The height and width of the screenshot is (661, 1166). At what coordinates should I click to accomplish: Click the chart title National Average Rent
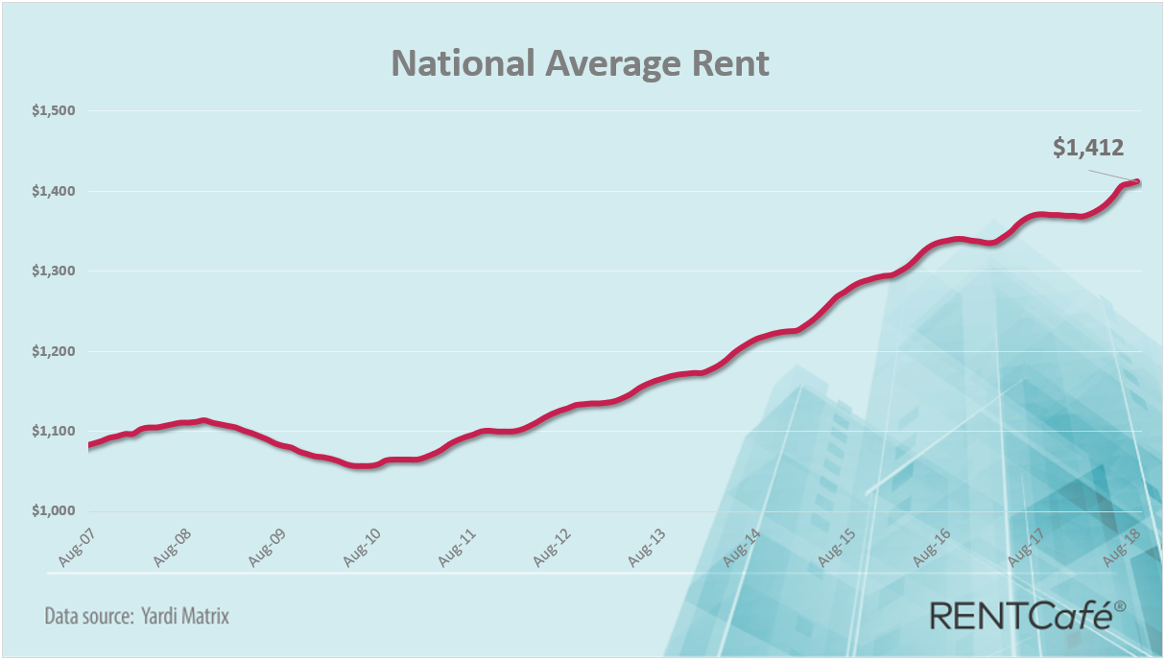click(581, 63)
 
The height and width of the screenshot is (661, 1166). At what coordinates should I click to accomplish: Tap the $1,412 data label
click(1088, 148)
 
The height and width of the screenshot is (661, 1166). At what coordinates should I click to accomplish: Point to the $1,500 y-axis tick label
click(54, 111)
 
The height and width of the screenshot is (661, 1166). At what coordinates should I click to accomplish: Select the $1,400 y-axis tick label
click(54, 191)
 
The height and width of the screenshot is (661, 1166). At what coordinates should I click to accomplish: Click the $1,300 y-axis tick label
click(54, 271)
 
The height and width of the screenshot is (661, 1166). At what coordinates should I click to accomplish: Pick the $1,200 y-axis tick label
click(54, 351)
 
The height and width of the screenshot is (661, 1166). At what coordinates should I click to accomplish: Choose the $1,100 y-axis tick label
click(54, 431)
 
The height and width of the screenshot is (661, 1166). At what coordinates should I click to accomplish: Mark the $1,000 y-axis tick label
click(54, 510)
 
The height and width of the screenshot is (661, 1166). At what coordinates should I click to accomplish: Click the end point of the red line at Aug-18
click(1138, 181)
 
